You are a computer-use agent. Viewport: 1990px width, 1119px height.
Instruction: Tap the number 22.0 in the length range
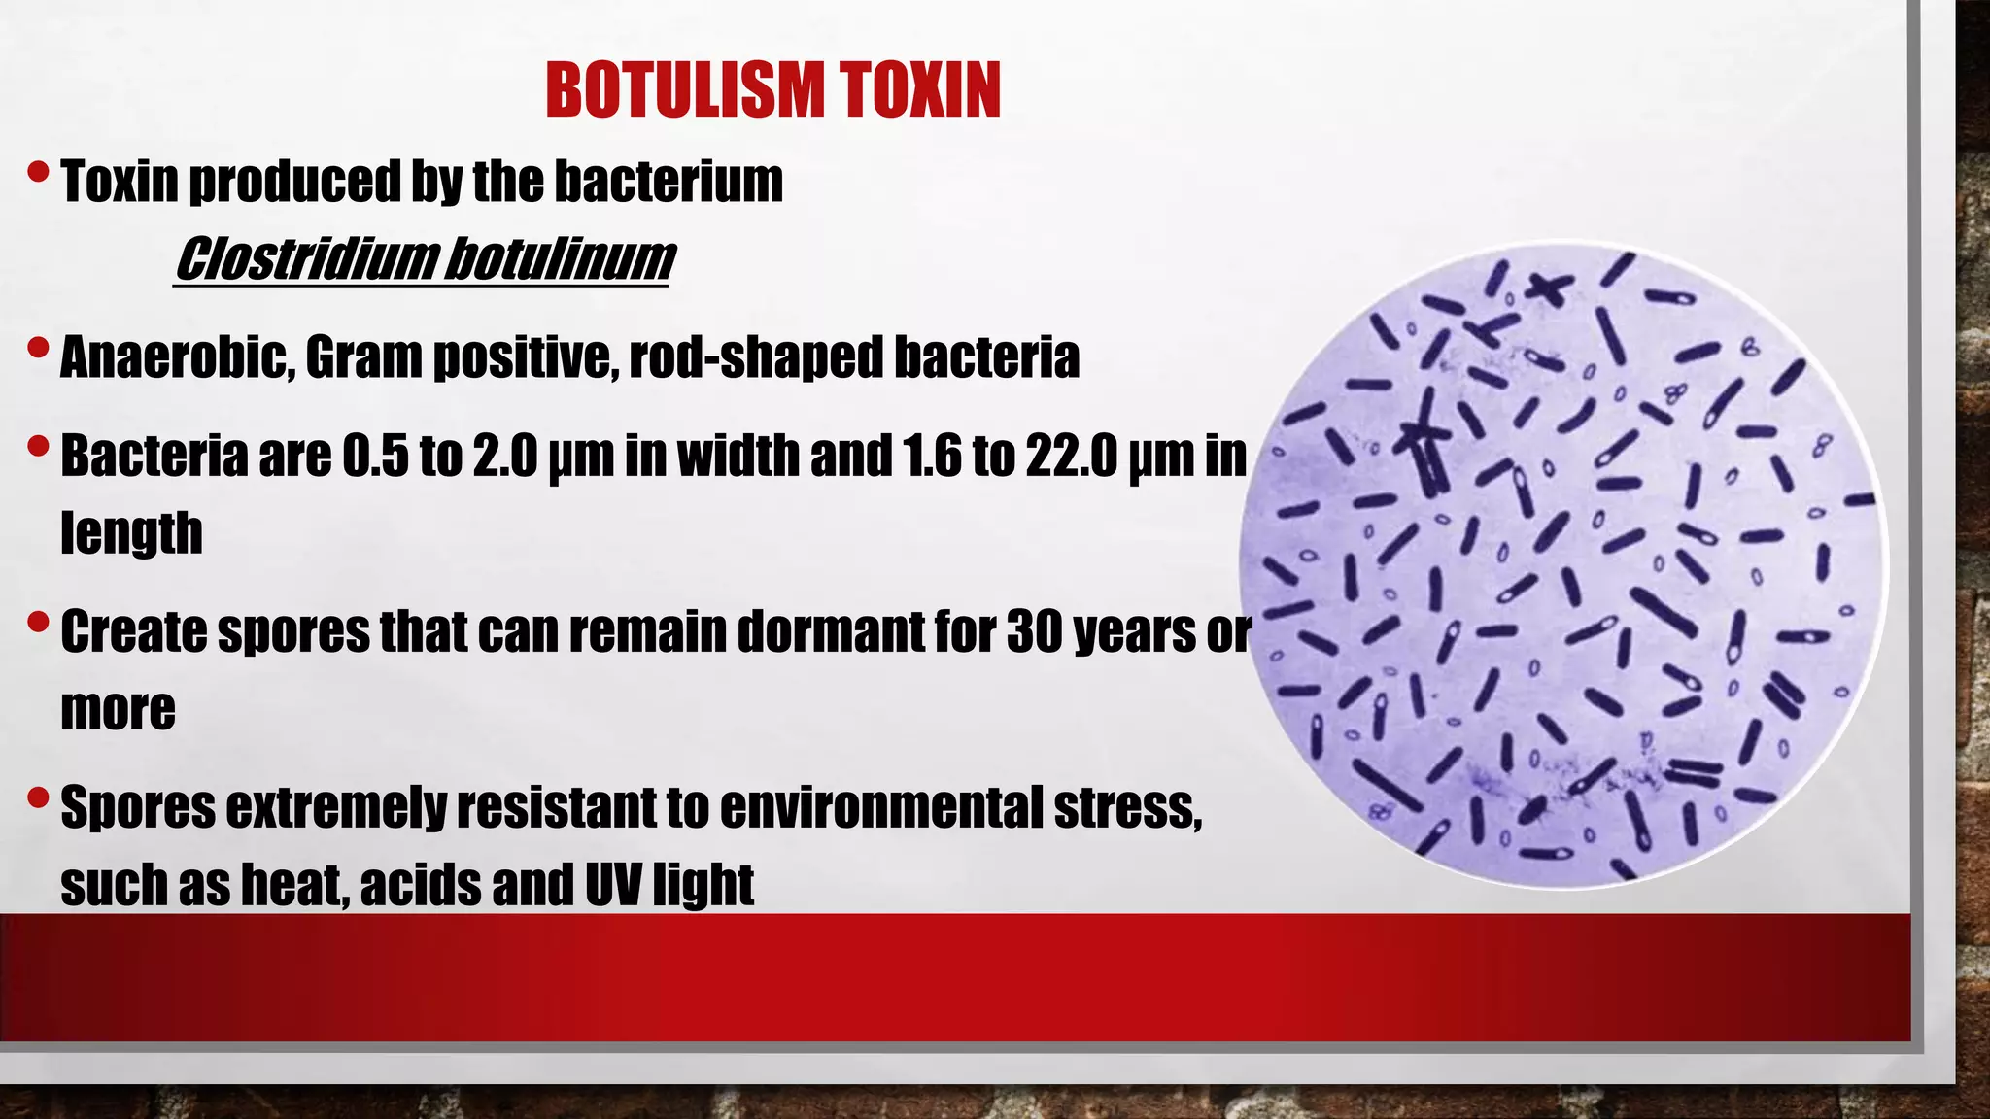point(1071,456)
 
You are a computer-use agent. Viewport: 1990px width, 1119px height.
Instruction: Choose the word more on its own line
point(118,709)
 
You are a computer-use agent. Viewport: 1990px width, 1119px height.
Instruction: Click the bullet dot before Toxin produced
point(38,173)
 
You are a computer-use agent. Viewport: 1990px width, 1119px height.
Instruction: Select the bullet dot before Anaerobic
point(38,347)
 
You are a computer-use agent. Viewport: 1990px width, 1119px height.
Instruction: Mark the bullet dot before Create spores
point(38,621)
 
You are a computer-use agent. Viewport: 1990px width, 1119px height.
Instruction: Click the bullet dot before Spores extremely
point(38,797)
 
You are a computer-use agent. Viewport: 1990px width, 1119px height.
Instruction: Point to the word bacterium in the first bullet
point(669,182)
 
